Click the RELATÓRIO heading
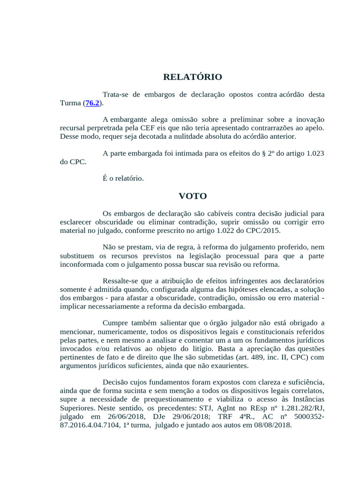[x=192, y=77]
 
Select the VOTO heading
[x=192, y=196]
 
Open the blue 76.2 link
[x=92, y=103]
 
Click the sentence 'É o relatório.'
[x=123, y=179]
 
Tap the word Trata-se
[x=115, y=95]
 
